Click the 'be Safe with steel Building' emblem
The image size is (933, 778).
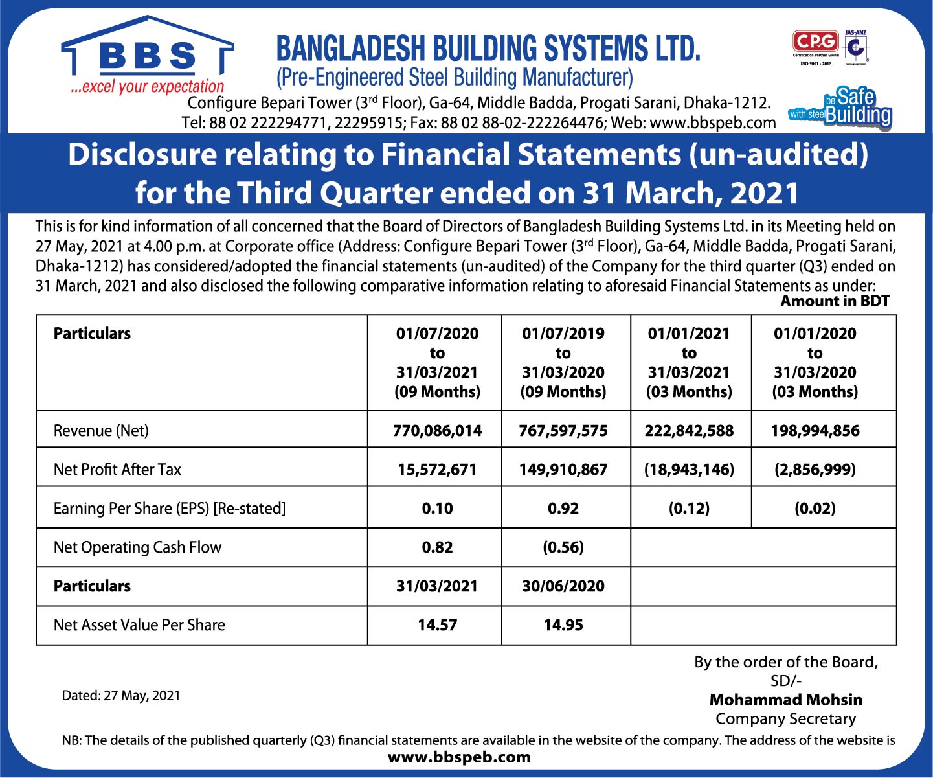[x=840, y=108]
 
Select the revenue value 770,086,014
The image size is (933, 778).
[x=437, y=431]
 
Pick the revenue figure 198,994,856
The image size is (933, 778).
[x=815, y=431]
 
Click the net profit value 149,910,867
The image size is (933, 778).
[x=563, y=470]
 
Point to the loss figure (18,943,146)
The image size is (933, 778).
[x=689, y=470]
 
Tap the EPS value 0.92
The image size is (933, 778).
[x=563, y=509]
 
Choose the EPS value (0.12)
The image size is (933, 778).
[x=689, y=509]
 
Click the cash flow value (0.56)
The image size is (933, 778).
[x=563, y=547]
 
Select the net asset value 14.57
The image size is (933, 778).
[x=437, y=625]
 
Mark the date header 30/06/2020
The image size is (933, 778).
[x=563, y=586]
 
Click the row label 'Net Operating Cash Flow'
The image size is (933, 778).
[x=137, y=547]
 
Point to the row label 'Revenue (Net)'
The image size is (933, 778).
[x=101, y=431]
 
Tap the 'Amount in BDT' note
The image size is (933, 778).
[x=835, y=301]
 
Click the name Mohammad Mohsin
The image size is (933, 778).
[x=785, y=700]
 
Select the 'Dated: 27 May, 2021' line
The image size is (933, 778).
[x=121, y=696]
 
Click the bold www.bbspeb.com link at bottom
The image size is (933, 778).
[x=459, y=757]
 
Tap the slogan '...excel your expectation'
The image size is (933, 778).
[x=148, y=87]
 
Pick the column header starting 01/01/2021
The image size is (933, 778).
[x=689, y=362]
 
